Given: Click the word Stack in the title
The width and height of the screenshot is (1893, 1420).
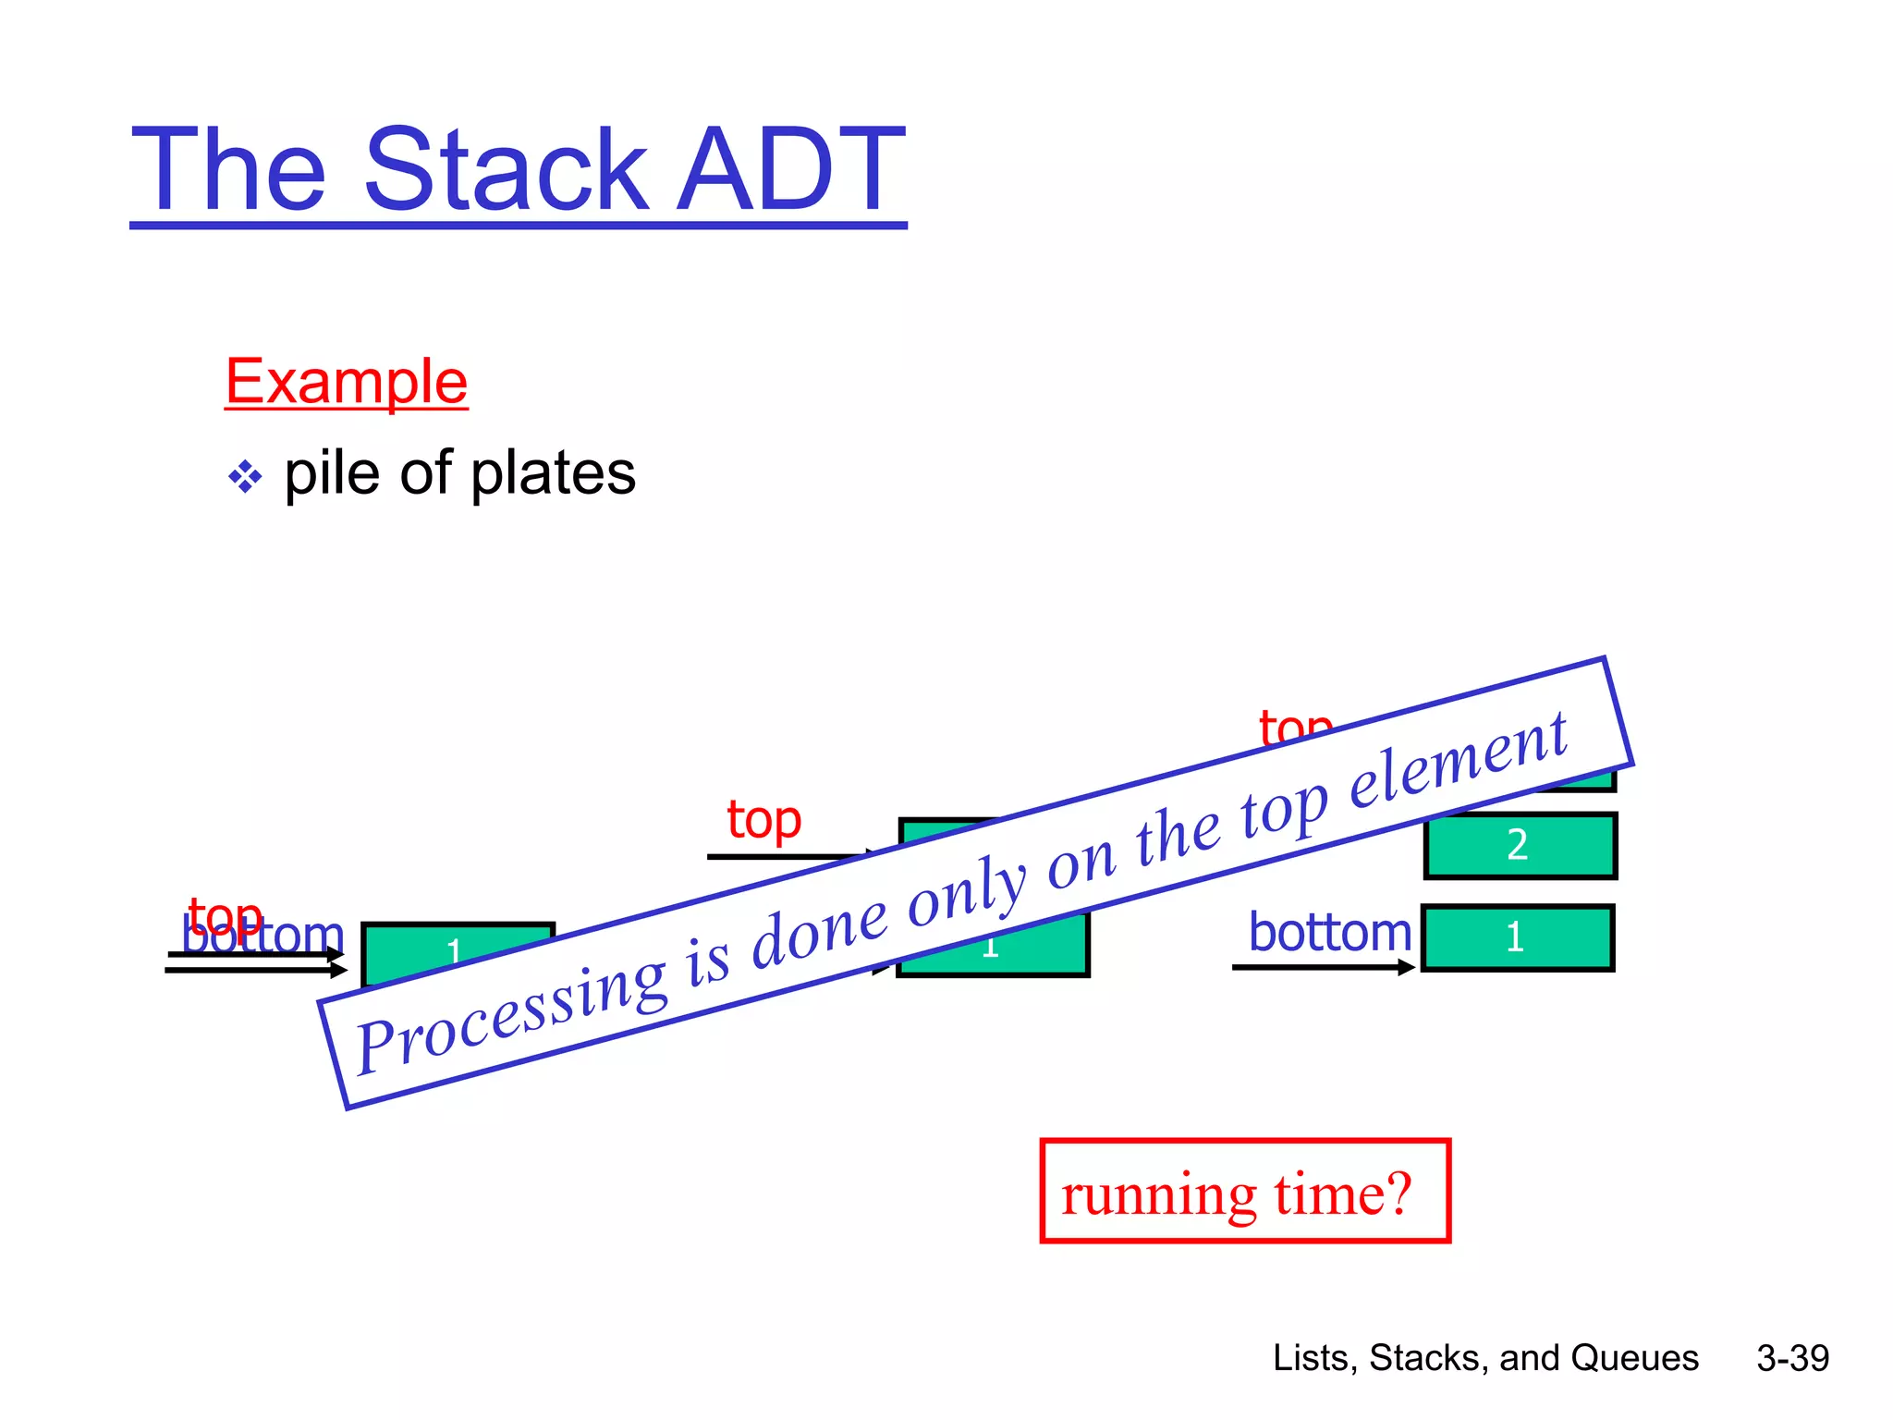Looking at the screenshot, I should [x=506, y=170].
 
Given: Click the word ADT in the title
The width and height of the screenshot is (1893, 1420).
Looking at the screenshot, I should [x=791, y=170].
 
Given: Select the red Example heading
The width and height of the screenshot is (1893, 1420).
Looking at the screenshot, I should [x=347, y=382].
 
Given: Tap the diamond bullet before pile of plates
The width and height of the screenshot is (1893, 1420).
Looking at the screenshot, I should [x=245, y=477].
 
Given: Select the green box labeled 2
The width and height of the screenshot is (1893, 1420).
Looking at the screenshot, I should [x=1520, y=845].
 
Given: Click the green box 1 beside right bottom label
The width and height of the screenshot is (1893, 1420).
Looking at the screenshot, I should [x=1517, y=937].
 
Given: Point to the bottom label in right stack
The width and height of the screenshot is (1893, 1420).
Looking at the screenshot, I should [x=1329, y=932].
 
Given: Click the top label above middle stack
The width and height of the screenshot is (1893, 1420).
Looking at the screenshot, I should [x=763, y=820].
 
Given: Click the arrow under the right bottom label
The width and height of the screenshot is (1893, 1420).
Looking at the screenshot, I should [x=1322, y=967].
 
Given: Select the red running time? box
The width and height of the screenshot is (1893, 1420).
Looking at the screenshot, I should [x=1244, y=1192].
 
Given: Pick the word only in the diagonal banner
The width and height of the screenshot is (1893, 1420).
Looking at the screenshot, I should [x=966, y=895].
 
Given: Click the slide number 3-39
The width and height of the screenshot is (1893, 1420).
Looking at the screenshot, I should [x=1792, y=1358].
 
